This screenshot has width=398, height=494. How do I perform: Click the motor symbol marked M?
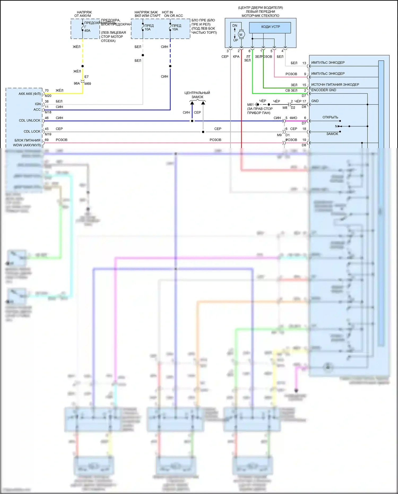point(241,35)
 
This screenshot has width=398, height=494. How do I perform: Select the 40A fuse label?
point(87,31)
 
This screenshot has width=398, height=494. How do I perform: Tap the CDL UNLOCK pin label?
point(29,121)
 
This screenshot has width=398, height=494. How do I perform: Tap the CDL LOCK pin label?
point(32,131)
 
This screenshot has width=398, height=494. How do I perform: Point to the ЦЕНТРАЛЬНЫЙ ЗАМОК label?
point(197,95)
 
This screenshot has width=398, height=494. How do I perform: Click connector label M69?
point(88,84)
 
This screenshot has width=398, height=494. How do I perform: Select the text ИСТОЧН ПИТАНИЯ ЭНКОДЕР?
point(335,85)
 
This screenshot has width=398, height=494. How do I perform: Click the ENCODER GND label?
point(323,90)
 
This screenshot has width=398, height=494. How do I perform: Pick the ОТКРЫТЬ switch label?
point(330,117)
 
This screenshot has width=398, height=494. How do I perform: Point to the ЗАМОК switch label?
point(332,134)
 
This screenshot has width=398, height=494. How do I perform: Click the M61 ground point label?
point(250,105)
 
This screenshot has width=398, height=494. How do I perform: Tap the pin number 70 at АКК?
point(47,91)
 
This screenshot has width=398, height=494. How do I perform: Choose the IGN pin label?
point(38,104)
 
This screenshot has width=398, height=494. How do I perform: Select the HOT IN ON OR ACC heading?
point(172,14)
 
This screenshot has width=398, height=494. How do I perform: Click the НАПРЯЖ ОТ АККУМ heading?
point(83,14)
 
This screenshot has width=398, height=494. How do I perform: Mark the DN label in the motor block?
point(235,26)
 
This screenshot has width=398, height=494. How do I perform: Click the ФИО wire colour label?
point(293,118)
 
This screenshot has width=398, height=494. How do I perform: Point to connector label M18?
point(48,112)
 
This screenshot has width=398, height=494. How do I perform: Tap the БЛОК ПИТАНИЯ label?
point(27,140)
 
